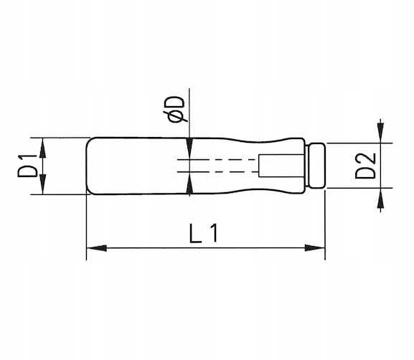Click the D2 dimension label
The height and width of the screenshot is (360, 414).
[x=365, y=166]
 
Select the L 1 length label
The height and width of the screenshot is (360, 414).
[x=204, y=233]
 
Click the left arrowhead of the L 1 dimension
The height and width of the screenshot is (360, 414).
[x=97, y=248]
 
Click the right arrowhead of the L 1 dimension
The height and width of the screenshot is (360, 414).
[x=314, y=248]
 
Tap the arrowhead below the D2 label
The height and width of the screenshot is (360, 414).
[x=380, y=198]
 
